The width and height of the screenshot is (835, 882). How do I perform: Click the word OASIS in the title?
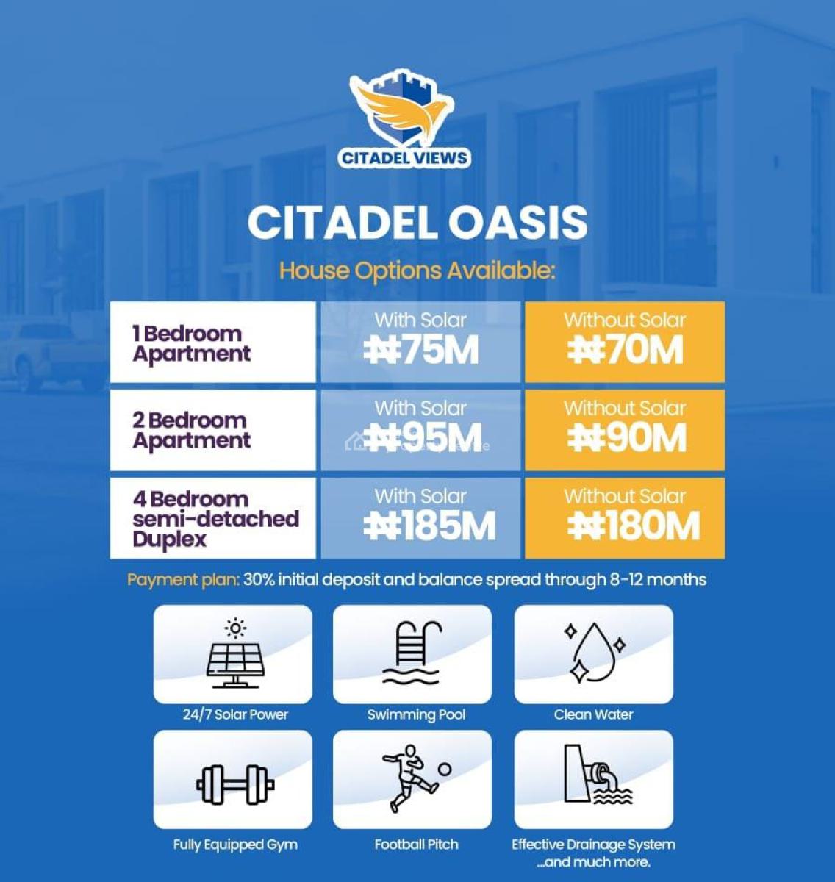click(518, 223)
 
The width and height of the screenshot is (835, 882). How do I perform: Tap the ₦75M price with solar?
click(421, 350)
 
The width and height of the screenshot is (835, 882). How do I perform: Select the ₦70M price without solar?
click(625, 350)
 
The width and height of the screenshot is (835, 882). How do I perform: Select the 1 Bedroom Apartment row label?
click(192, 343)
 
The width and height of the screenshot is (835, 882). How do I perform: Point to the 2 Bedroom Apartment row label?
click(192, 431)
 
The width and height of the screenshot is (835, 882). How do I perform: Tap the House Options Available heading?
click(417, 270)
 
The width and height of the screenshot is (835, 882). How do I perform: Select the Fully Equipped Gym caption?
click(235, 845)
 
